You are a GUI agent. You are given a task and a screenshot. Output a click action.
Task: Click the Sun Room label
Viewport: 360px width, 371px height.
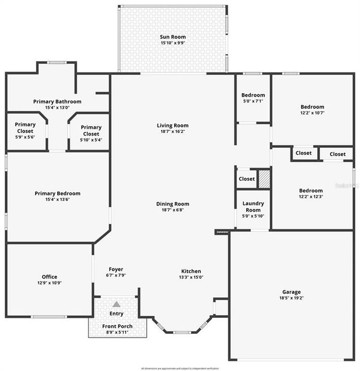[x=173, y=37]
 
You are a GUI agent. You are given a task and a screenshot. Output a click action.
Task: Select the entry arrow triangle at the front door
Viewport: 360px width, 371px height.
[x=116, y=304]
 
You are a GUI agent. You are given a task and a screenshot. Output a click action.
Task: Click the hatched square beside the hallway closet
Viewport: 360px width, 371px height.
[x=264, y=178]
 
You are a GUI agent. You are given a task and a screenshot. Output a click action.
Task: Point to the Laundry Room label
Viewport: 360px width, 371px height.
[x=253, y=207]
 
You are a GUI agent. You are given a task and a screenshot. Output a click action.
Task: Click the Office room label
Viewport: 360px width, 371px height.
[x=49, y=277]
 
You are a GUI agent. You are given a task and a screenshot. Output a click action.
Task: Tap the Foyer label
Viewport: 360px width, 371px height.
[x=116, y=269]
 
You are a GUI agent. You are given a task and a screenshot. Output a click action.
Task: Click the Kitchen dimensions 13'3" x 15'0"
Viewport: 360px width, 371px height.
[x=191, y=277]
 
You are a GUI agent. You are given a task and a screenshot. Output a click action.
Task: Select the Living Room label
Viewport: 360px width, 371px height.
[x=173, y=125]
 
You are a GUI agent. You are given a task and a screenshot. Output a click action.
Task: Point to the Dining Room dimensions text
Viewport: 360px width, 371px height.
[x=173, y=210]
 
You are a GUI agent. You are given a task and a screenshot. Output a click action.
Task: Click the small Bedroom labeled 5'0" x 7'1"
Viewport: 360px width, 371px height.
[x=253, y=98]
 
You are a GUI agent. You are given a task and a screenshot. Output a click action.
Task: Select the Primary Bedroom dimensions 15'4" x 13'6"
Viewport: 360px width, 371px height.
[x=57, y=199]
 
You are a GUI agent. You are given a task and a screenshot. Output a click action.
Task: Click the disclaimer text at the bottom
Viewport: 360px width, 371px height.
[x=180, y=368]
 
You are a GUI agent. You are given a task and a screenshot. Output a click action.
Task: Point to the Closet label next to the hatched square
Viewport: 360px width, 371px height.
[x=246, y=179]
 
